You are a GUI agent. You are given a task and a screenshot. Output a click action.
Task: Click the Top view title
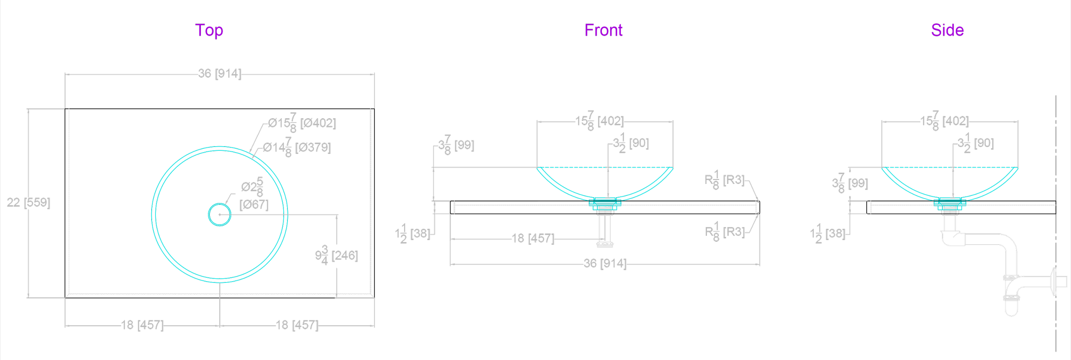(x=209, y=30)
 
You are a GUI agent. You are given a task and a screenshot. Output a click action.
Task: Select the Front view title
(x=603, y=30)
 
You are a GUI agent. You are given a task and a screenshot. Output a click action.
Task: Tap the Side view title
(x=947, y=30)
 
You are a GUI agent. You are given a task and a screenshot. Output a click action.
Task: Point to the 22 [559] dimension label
(x=28, y=202)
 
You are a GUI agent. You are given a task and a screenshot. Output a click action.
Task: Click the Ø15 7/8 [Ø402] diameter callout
(x=302, y=123)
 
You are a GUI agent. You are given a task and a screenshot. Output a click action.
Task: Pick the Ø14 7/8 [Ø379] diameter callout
(x=297, y=147)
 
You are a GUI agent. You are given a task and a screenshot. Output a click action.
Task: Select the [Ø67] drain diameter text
(x=254, y=204)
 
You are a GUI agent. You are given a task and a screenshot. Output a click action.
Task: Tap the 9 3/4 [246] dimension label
(x=336, y=255)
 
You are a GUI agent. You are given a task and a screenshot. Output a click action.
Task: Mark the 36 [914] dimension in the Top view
(x=220, y=74)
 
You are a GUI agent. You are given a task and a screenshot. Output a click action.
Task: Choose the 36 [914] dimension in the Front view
(x=605, y=263)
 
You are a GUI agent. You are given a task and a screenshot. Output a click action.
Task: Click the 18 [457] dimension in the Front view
(x=533, y=238)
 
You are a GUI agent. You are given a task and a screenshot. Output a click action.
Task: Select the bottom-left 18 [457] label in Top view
(x=142, y=325)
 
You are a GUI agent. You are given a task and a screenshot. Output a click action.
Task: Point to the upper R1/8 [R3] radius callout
(x=725, y=180)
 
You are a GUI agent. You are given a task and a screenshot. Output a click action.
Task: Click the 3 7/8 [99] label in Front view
(x=456, y=145)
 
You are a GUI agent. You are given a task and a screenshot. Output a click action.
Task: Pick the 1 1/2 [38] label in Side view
(x=828, y=234)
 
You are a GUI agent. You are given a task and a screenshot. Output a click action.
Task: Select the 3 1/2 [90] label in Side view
(x=976, y=143)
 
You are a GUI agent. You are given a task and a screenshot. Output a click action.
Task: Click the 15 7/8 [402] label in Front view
(x=599, y=121)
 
